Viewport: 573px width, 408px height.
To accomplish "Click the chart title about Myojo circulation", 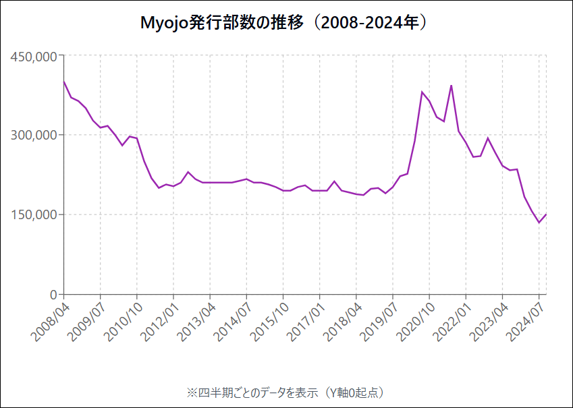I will pos(285,23).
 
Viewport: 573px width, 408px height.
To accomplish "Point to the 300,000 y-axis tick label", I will pos(34,135).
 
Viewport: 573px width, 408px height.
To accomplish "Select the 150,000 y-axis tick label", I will pos(34,214).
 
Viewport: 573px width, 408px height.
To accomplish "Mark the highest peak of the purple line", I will pos(451,86).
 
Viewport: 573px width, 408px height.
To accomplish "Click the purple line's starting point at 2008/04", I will pos(63,82).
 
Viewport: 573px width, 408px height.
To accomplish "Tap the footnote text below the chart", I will pos(285,392).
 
